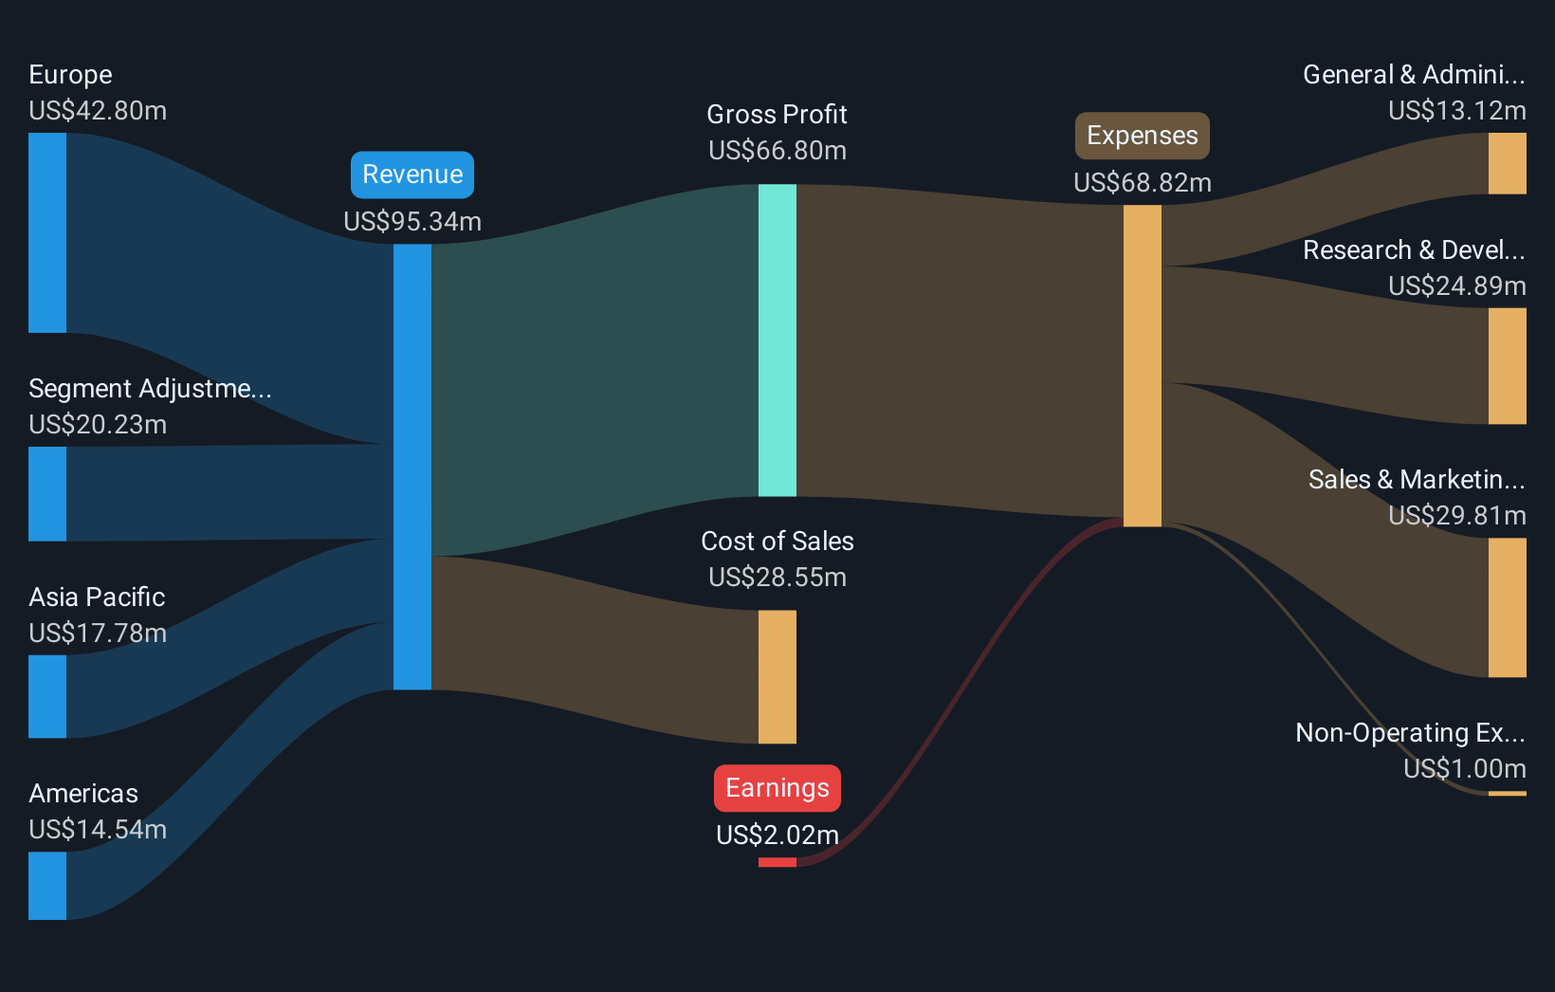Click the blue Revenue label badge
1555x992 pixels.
(x=412, y=175)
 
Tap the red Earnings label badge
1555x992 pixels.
(x=777, y=788)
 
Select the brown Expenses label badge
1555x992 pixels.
(x=1142, y=136)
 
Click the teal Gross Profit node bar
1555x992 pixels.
(x=777, y=340)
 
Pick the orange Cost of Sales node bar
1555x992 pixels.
(x=777, y=676)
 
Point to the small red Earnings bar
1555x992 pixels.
(x=777, y=862)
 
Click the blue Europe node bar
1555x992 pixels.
(x=47, y=232)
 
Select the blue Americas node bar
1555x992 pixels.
(x=47, y=886)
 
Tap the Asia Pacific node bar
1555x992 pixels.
(x=47, y=696)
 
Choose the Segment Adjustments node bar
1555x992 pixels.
(x=47, y=493)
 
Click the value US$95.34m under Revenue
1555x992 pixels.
(x=412, y=221)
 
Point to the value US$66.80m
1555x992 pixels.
(x=777, y=150)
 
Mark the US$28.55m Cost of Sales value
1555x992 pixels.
(x=777, y=577)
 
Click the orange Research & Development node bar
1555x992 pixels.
(x=1507, y=365)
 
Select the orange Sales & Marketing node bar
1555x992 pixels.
(x=1507, y=607)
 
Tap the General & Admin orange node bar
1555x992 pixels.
(x=1507, y=163)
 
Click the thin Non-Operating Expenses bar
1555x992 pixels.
(x=1507, y=793)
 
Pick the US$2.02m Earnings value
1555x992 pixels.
(x=777, y=835)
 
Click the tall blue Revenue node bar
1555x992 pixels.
(x=412, y=467)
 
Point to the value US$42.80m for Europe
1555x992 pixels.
(x=98, y=111)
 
